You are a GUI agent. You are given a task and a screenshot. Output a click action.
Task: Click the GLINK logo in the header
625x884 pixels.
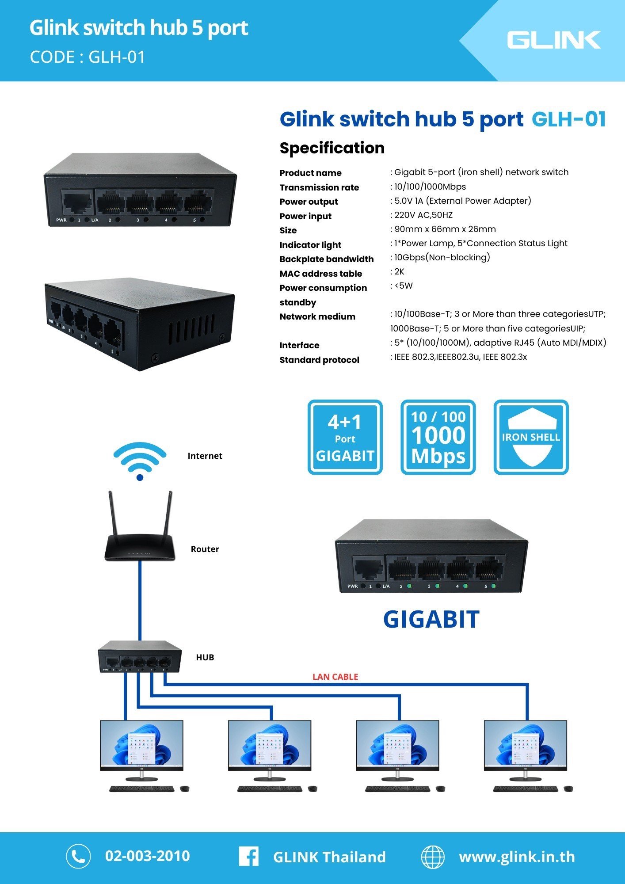pyautogui.click(x=553, y=40)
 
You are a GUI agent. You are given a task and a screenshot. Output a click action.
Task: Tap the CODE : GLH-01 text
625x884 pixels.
pyautogui.click(x=87, y=57)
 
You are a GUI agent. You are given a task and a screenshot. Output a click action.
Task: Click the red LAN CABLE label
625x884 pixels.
pyautogui.click(x=335, y=677)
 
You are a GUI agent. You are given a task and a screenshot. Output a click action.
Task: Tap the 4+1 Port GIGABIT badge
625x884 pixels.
pyautogui.click(x=345, y=437)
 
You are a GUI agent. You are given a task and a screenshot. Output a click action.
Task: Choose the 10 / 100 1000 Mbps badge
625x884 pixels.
pyautogui.click(x=438, y=437)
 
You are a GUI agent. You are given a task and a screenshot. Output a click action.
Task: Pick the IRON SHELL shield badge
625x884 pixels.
pyautogui.click(x=531, y=437)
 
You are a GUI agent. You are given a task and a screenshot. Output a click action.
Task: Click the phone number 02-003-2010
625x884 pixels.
pyautogui.click(x=147, y=856)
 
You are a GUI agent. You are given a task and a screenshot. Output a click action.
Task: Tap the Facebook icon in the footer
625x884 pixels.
pyautogui.click(x=248, y=856)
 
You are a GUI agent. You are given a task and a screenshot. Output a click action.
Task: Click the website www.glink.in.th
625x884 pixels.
pyautogui.click(x=517, y=857)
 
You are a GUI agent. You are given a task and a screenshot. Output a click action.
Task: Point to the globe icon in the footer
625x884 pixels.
pyautogui.click(x=432, y=857)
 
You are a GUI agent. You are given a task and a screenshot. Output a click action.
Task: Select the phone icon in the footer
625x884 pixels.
pyautogui.click(x=78, y=856)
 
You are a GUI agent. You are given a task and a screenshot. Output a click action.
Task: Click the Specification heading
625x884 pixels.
pyautogui.click(x=332, y=148)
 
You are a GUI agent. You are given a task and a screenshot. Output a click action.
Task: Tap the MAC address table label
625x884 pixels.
pyautogui.click(x=320, y=274)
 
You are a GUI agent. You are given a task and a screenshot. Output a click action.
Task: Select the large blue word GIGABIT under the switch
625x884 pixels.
pyautogui.click(x=431, y=619)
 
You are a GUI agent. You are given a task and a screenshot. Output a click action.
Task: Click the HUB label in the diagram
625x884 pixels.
pyautogui.click(x=205, y=657)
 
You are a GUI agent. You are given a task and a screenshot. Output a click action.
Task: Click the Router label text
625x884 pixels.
pyautogui.click(x=205, y=549)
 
